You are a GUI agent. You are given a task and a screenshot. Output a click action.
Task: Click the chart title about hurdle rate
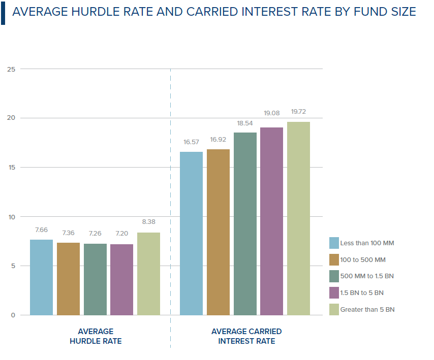[214, 12]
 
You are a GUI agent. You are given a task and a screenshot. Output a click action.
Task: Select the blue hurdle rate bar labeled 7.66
[41, 277]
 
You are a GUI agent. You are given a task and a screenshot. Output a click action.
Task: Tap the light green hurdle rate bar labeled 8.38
[148, 274]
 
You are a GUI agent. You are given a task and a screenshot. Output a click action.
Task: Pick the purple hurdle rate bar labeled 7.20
[121, 280]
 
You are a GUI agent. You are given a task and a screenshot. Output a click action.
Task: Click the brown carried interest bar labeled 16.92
[218, 232]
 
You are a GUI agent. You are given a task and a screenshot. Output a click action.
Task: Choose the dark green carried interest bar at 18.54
[245, 224]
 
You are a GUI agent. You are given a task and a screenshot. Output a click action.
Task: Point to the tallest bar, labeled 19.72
[298, 218]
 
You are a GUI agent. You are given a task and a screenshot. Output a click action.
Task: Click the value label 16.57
[191, 142]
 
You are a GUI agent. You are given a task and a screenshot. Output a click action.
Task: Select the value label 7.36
[68, 233]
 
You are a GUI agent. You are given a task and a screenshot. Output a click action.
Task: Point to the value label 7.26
[95, 234]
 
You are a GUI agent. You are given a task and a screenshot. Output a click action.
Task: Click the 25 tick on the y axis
[11, 69]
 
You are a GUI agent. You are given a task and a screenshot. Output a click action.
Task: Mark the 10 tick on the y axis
[11, 217]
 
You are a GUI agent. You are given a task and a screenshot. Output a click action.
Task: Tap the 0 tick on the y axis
[13, 315]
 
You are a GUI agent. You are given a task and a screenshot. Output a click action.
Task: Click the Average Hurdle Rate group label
[96, 336]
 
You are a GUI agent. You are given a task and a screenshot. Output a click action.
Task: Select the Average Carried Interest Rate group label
[246, 336]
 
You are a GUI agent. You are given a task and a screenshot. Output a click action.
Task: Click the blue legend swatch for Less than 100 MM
[334, 243]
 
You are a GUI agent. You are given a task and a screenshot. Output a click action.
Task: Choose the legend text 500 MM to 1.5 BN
[367, 276]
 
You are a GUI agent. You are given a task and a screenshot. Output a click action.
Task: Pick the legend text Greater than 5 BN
[367, 309]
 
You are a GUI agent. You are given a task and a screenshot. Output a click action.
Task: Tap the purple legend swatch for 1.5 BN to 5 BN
[334, 292]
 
